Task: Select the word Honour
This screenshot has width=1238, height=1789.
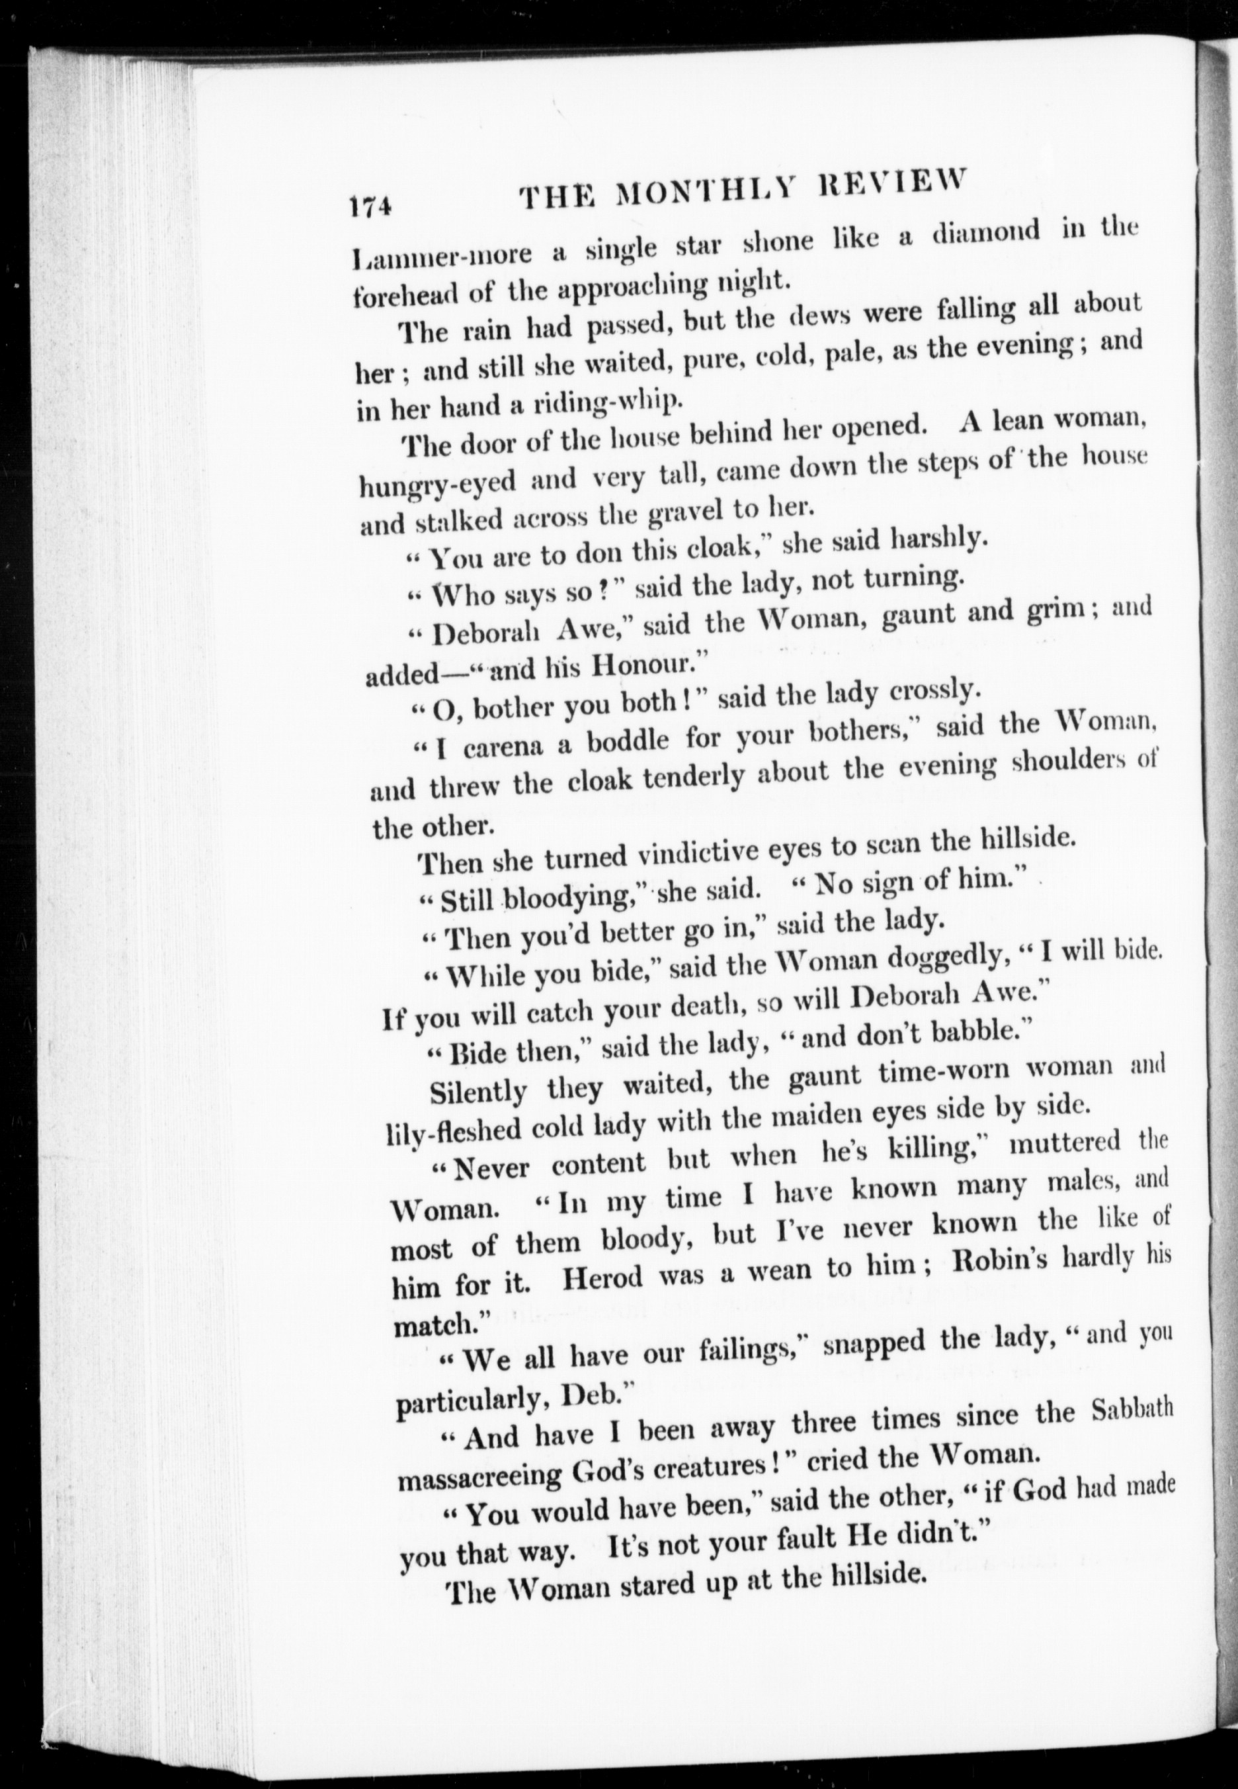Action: pyautogui.click(x=638, y=666)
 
